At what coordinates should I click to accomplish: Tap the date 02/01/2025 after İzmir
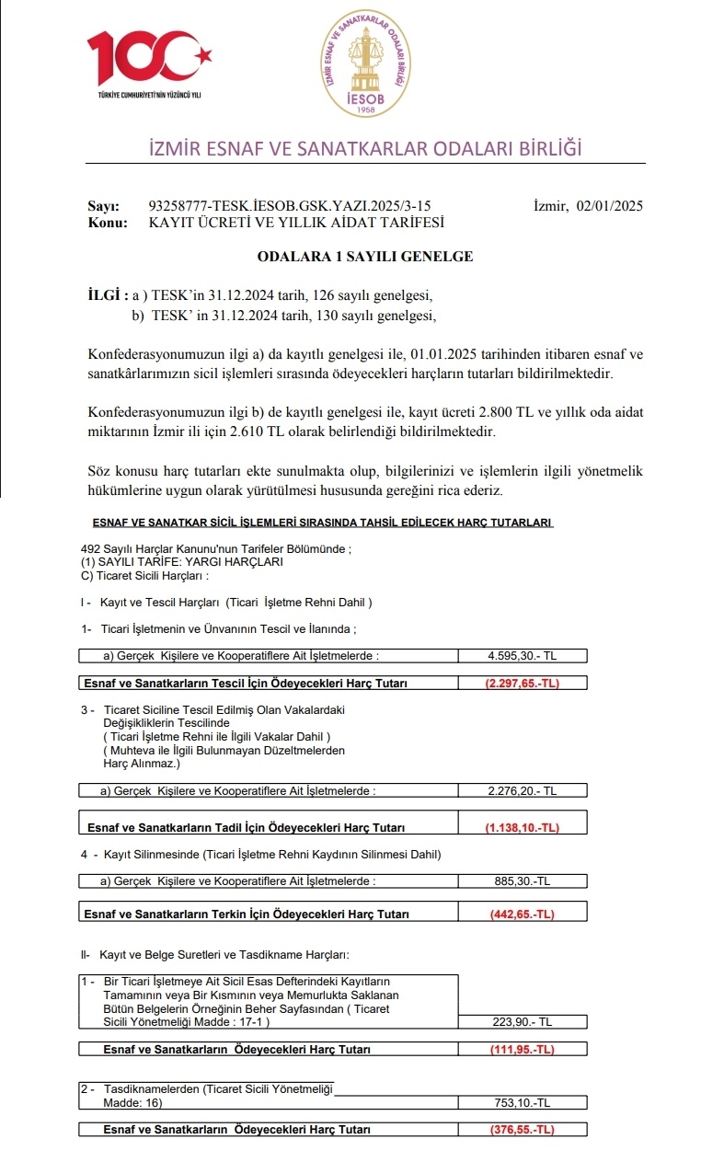pos(610,205)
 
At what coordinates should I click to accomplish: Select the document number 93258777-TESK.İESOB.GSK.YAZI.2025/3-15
pos(289,205)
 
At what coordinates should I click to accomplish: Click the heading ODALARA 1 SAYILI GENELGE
pos(365,257)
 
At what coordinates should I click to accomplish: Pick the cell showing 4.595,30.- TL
pos(522,656)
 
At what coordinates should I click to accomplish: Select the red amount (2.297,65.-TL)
pos(522,684)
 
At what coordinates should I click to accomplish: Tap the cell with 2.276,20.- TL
pos(522,790)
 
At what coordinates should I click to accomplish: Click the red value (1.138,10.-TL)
pos(522,827)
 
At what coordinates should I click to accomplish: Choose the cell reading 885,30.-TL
pos(522,880)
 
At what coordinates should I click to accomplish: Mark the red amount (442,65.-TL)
pos(522,914)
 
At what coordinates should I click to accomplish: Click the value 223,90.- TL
pos(522,1022)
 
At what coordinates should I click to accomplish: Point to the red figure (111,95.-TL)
pos(522,1050)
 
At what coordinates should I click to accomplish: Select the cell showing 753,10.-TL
pos(522,1102)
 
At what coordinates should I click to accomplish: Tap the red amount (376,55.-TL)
pos(522,1130)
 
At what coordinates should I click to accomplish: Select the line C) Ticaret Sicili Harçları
pos(145,577)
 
